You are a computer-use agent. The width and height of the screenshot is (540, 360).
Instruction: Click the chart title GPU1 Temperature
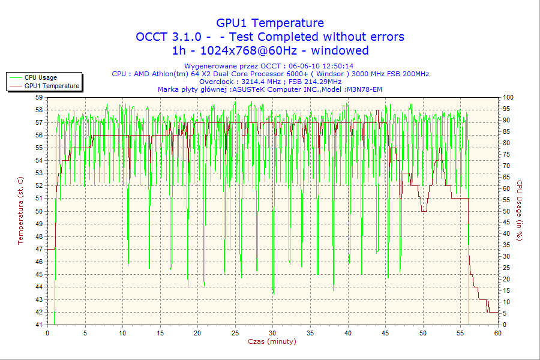[270, 23]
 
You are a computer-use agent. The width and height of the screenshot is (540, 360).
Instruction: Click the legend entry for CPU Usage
[41, 77]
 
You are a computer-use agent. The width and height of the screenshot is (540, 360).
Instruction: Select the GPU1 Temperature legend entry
[52, 86]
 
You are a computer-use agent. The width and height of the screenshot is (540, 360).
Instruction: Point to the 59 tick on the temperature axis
[39, 97]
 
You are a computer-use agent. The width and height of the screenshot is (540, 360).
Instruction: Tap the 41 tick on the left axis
[39, 325]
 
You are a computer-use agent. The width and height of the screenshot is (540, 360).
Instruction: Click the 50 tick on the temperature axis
[39, 211]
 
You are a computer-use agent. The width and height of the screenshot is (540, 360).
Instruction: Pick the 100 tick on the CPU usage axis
[509, 97]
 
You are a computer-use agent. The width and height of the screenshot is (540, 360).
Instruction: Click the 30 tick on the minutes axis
[273, 333]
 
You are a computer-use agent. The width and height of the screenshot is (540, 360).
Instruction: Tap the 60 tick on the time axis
[498, 333]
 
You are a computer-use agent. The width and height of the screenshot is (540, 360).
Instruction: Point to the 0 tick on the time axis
[48, 333]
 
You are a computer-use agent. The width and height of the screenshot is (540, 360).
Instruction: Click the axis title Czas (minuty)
[272, 341]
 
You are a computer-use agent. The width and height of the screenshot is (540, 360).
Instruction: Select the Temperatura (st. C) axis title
[20, 211]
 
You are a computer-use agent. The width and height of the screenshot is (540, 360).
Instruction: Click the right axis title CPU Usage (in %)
[520, 211]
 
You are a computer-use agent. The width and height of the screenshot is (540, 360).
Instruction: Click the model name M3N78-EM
[364, 89]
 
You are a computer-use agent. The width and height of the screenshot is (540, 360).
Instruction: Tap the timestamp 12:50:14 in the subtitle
[338, 66]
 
